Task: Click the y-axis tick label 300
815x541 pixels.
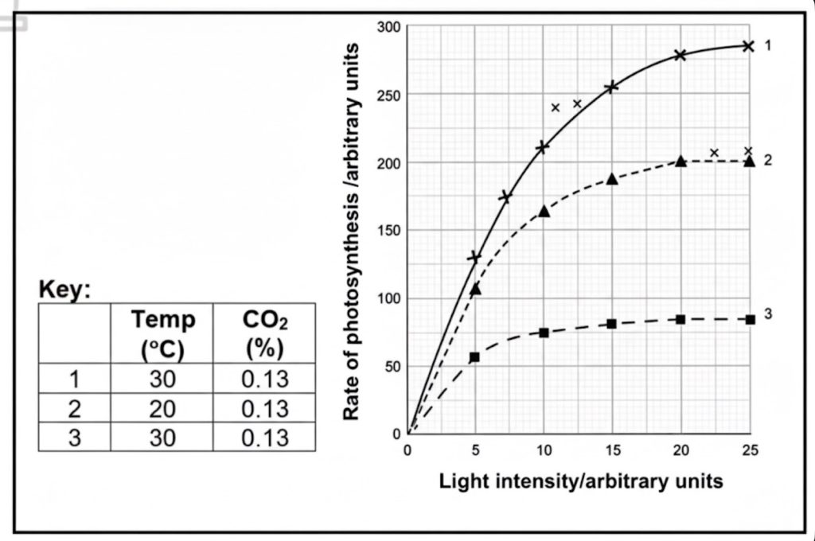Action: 389,29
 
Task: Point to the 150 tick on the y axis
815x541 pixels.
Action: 389,231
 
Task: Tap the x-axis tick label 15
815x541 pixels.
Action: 611,450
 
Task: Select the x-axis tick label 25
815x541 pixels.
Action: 748,450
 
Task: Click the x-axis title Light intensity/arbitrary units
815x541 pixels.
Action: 581,481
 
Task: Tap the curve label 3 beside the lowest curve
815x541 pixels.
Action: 768,314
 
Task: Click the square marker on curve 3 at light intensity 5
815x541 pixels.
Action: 475,357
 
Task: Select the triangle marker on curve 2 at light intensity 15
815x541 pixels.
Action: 612,179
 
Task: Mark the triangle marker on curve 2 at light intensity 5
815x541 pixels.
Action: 476,289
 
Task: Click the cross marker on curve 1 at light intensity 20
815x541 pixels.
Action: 680,55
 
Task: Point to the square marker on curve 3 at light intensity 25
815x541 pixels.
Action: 749,319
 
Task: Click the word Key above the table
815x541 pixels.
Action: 64,290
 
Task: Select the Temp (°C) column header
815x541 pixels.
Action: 163,334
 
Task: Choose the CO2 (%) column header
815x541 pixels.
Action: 264,334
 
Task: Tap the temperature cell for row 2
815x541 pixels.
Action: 163,408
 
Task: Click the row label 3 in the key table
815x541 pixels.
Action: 73,438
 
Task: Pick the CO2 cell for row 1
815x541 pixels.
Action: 264,379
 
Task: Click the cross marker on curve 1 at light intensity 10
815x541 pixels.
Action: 544,147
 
